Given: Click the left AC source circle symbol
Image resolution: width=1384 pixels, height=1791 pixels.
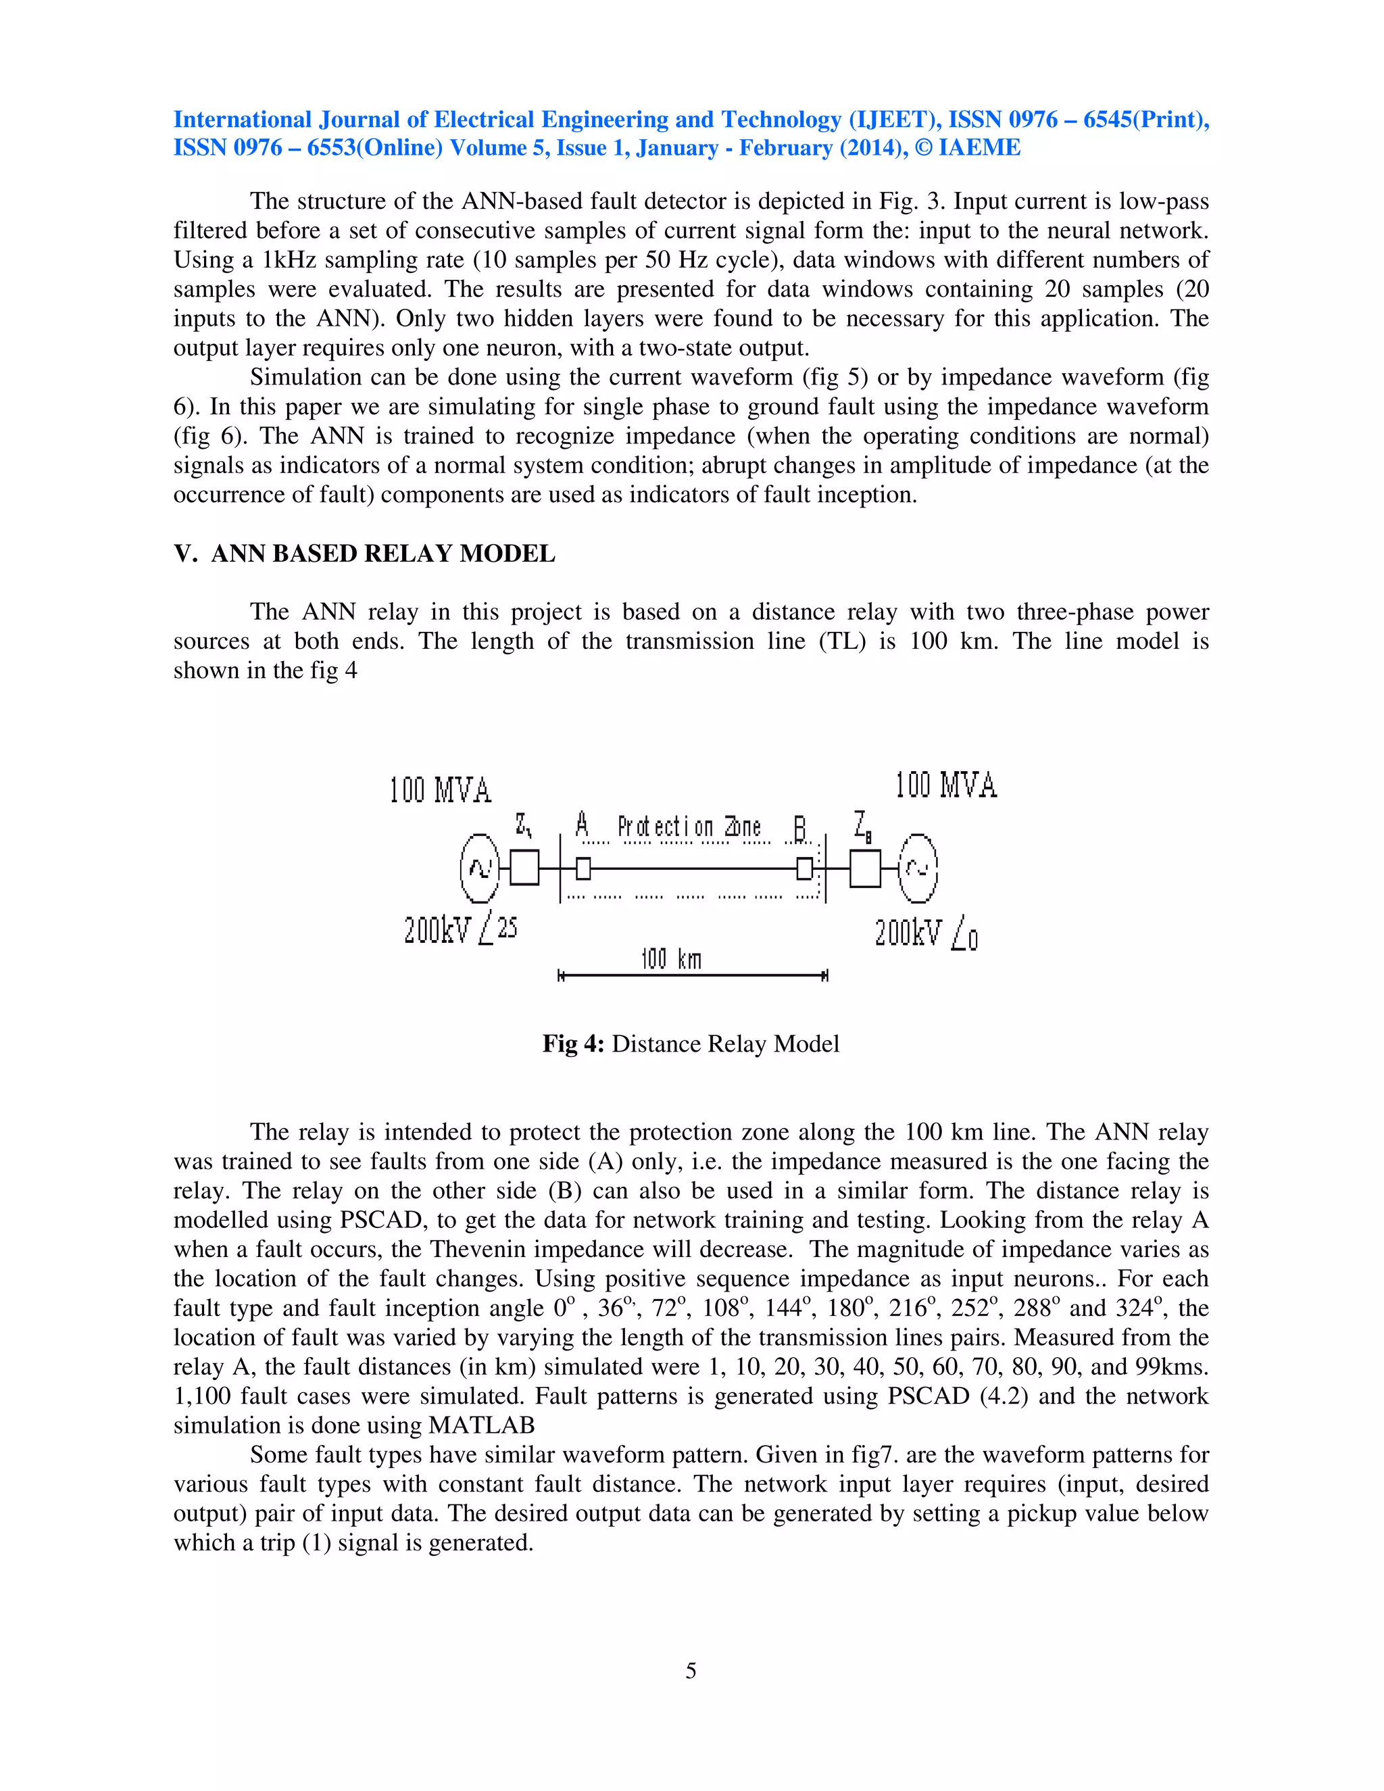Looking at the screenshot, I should tap(480, 868).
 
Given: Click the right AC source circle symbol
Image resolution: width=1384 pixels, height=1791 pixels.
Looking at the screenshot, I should tap(918, 868).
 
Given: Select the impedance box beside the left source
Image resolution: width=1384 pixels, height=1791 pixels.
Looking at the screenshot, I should tap(524, 868).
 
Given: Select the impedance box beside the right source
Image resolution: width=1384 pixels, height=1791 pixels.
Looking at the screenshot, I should tap(865, 868).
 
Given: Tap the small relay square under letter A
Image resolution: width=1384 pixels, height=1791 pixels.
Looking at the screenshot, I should tap(583, 868).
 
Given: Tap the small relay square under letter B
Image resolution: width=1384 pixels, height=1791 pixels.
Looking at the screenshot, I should tap(804, 868).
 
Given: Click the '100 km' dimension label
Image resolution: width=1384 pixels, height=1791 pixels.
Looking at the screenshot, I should tap(670, 958).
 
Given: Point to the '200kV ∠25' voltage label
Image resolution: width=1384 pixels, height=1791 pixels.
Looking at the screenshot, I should tap(460, 930).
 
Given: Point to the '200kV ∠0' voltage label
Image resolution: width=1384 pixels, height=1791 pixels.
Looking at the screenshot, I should tap(926, 933).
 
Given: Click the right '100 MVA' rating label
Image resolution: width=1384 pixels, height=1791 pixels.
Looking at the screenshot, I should tap(945, 785).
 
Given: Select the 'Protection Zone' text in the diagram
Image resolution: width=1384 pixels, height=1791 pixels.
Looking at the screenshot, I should tap(689, 827).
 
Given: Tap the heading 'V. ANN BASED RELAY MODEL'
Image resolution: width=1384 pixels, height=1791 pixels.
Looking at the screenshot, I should tap(364, 554).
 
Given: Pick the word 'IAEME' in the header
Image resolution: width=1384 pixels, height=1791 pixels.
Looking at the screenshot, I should tap(980, 149).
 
